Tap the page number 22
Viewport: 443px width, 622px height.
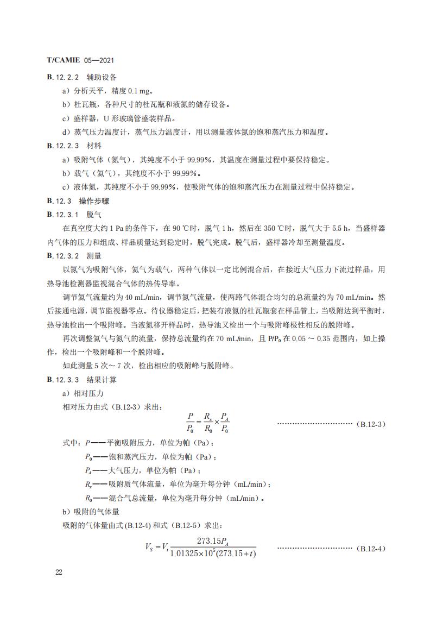tap(59, 572)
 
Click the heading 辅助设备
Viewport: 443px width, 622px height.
tap(102, 77)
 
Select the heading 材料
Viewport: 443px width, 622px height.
tap(94, 146)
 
